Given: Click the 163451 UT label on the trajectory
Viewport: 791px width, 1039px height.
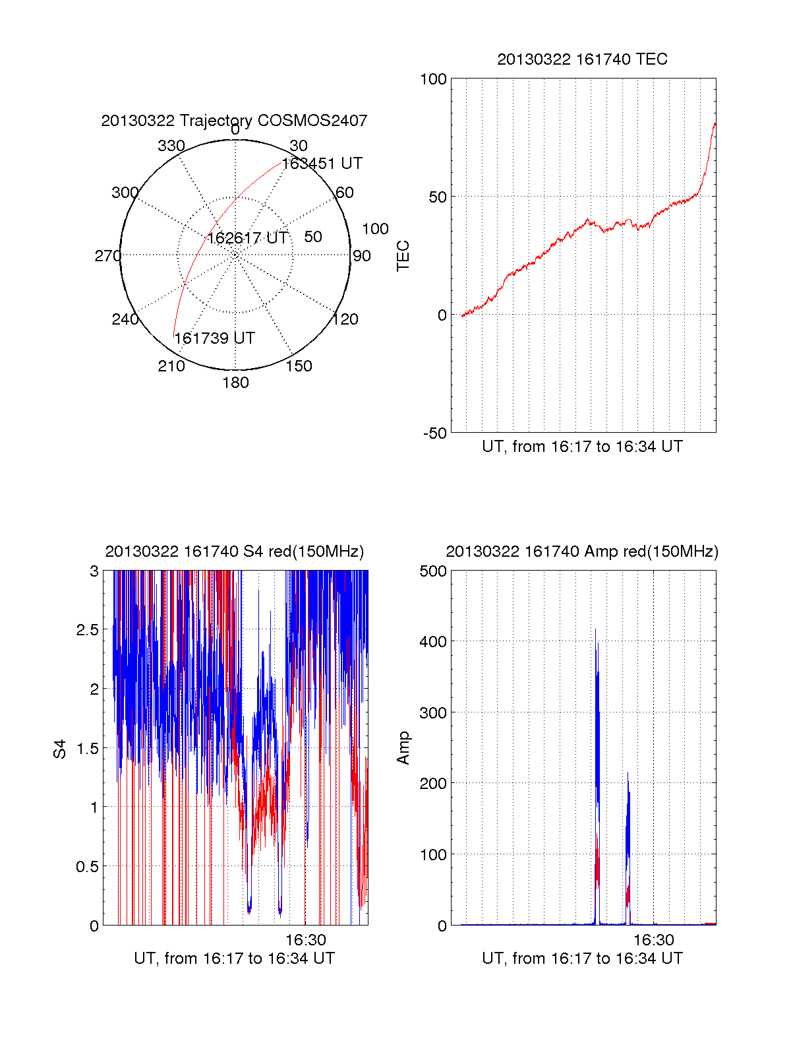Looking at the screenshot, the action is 322,164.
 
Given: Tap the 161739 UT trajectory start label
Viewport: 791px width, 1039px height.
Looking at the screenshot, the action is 215,338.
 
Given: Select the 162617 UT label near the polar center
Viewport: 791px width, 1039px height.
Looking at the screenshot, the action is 248,237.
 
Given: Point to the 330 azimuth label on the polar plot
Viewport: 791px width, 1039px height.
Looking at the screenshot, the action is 171,145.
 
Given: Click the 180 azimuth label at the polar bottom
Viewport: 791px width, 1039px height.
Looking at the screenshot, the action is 235,382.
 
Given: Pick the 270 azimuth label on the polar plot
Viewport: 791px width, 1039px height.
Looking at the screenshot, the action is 108,255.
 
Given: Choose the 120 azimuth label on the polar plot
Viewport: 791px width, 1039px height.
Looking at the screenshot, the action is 345,319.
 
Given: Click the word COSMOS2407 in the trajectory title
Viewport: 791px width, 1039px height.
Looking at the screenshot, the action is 312,120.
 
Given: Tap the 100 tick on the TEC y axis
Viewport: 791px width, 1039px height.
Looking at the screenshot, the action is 433,79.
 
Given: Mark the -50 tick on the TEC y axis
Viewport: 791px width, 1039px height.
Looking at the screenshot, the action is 434,433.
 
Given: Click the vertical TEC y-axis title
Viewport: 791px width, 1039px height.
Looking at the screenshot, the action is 402,256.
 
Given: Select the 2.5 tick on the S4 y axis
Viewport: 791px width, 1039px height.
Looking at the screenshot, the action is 87,629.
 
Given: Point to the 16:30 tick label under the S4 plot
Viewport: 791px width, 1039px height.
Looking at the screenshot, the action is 305,939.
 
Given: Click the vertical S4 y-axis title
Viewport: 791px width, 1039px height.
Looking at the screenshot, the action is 59,749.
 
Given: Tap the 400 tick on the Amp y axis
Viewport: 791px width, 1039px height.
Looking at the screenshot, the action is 433,641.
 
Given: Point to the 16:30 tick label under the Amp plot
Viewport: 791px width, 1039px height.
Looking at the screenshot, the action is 653,939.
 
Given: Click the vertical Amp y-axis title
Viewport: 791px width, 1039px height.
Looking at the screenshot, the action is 402,748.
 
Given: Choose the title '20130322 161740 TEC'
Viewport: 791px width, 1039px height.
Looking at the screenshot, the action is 582,59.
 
